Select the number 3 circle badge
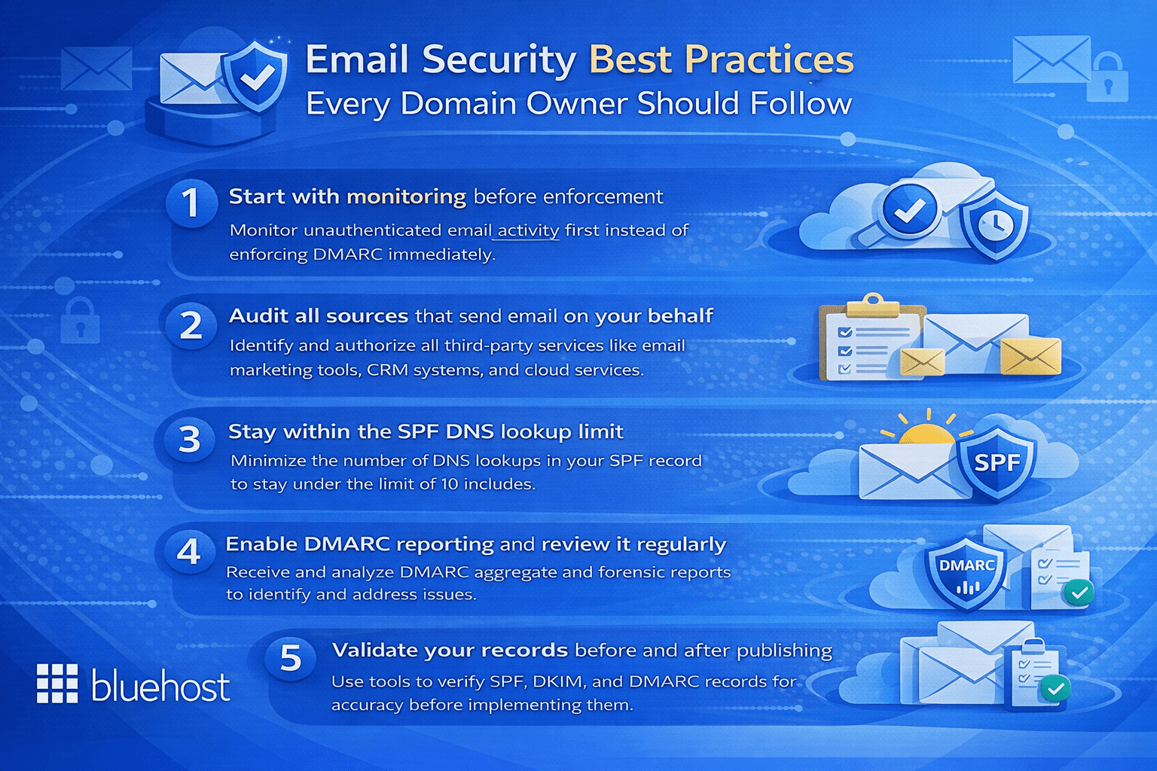[x=189, y=439]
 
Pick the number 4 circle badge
[x=188, y=552]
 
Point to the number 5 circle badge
[x=291, y=659]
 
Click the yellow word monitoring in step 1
[x=406, y=197]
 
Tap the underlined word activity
[x=528, y=230]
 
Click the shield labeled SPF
[x=997, y=461]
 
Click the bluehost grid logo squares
[x=57, y=684]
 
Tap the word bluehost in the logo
[x=160, y=687]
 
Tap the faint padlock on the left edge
[x=80, y=321]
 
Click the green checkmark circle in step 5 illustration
[x=1055, y=687]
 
